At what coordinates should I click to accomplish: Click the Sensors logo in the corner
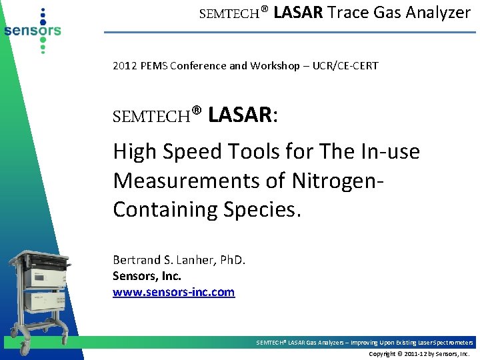coord(32,30)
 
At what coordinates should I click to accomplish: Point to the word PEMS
coord(153,65)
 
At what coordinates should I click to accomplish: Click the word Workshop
coord(274,65)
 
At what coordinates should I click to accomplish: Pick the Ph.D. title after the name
coord(232,259)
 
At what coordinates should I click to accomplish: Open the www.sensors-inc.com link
coord(174,292)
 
